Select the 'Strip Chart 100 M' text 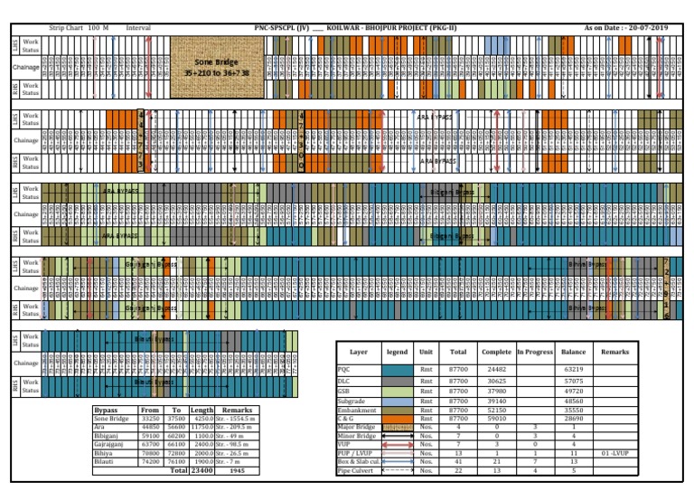pos(79,29)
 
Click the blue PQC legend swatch pos(397,369)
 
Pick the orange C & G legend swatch pos(397,419)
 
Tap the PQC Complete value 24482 pos(497,369)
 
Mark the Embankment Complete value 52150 pos(497,410)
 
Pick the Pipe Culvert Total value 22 pos(458,470)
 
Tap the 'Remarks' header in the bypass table pos(236,411)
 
